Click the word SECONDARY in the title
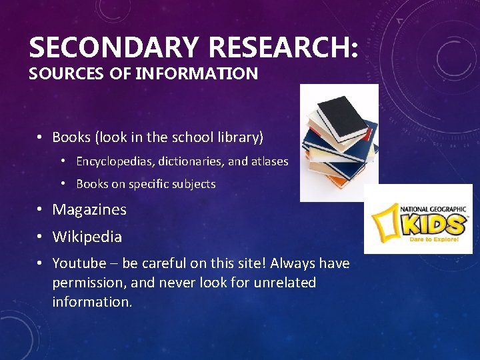tap(114, 48)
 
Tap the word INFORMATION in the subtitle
tap(197, 73)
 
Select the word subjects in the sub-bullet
tap(194, 184)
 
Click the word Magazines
tap(89, 209)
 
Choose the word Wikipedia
tap(87, 237)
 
